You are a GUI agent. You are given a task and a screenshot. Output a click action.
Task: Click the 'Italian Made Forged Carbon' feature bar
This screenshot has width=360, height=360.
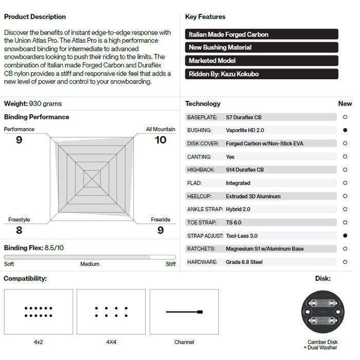click(x=261, y=34)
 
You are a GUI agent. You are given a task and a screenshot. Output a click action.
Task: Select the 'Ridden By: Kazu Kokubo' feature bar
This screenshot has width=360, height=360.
click(x=261, y=74)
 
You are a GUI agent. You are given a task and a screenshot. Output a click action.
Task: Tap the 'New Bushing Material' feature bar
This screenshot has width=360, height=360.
click(x=261, y=47)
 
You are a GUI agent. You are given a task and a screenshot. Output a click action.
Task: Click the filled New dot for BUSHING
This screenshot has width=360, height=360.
click(x=346, y=131)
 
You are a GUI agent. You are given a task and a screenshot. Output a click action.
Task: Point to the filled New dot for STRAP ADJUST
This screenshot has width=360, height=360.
click(x=346, y=236)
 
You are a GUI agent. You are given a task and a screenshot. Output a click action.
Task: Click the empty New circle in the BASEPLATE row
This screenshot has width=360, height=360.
click(x=346, y=117)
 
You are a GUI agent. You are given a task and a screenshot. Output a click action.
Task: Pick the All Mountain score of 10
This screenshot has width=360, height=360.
click(x=160, y=140)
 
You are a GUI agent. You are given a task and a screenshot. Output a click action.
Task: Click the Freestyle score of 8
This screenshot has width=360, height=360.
click(x=19, y=230)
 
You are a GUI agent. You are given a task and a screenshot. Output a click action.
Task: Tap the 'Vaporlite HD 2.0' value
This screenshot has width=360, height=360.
click(x=245, y=131)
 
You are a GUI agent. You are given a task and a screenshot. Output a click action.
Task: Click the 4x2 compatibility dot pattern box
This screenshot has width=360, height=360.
click(x=38, y=312)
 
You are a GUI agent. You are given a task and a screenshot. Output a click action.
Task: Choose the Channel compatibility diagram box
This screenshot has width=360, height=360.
click(x=184, y=312)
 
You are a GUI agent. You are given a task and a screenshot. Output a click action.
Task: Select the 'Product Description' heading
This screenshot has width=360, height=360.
click(x=35, y=17)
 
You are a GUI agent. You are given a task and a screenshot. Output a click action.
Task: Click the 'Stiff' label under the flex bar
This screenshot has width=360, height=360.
click(x=170, y=264)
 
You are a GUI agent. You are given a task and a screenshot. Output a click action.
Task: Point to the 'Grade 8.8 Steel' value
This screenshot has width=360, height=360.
click(x=245, y=262)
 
